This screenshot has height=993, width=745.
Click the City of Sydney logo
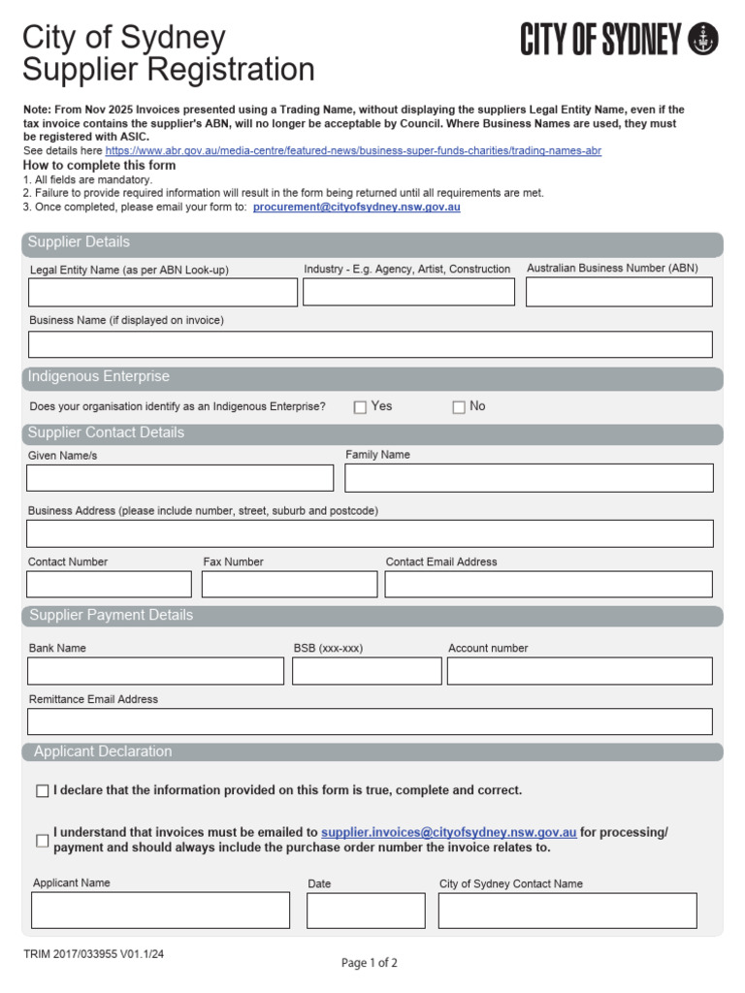(619, 41)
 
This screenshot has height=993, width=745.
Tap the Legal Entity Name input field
(163, 293)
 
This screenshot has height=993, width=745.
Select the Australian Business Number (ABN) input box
(619, 292)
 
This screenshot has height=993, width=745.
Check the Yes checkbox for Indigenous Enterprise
(360, 407)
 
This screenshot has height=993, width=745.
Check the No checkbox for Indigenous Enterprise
(459, 407)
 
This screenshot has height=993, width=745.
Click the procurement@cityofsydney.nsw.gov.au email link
(356, 208)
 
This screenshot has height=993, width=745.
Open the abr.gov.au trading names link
(353, 151)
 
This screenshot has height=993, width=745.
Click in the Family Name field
(529, 478)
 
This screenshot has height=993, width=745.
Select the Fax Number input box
(289, 584)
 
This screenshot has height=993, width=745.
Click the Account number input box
(579, 671)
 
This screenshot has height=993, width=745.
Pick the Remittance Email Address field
(370, 721)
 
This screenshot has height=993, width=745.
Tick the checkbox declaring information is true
(42, 791)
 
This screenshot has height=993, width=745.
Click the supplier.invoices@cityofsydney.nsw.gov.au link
(449, 832)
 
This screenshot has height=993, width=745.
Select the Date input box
(366, 911)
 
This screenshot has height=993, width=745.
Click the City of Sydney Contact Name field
(567, 911)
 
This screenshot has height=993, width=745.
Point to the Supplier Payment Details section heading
(112, 616)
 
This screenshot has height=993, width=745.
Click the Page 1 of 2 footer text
(370, 963)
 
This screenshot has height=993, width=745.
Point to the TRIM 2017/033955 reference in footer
(94, 954)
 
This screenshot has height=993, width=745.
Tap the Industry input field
(408, 292)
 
